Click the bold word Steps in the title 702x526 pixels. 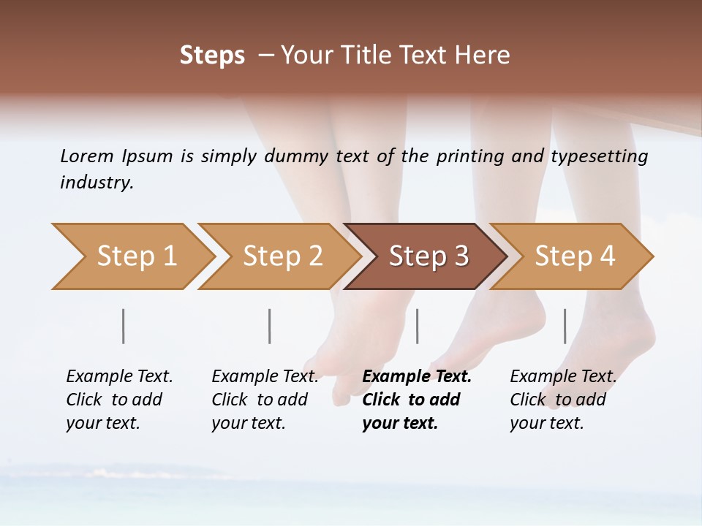click(212, 55)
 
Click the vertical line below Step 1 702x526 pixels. click(124, 326)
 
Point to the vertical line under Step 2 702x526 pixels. click(270, 326)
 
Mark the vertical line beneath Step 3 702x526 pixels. click(418, 326)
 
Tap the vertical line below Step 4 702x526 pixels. click(565, 326)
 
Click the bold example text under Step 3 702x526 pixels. click(417, 400)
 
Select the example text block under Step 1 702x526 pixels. click(119, 400)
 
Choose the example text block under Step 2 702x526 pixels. click(265, 400)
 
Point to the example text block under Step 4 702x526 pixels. click(563, 400)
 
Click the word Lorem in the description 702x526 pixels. click(87, 156)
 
